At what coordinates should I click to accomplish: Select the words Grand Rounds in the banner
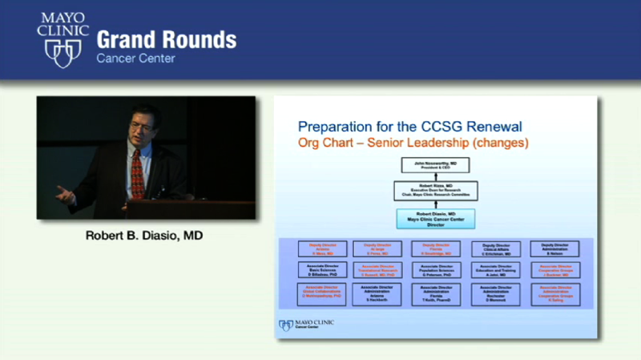tap(166, 39)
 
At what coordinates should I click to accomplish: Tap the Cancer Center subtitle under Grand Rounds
tap(135, 59)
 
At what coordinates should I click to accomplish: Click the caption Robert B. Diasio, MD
tap(146, 237)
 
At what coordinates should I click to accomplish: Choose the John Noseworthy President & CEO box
tap(435, 166)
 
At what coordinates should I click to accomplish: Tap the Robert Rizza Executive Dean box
tap(435, 191)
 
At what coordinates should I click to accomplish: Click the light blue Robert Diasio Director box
tap(435, 218)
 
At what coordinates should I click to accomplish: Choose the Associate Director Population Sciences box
tap(437, 270)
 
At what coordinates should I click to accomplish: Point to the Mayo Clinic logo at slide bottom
tap(307, 325)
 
